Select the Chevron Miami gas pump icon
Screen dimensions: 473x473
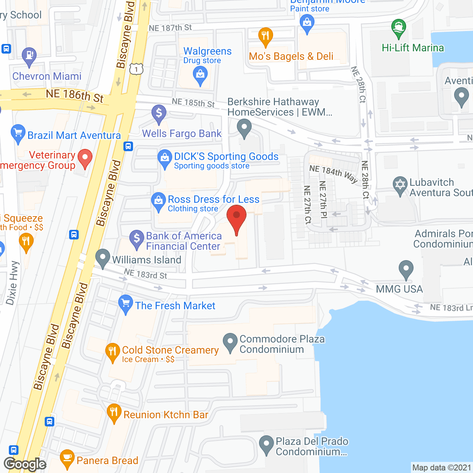[x=29, y=56]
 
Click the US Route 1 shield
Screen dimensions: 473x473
[x=136, y=69]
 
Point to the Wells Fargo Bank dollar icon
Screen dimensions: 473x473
[x=159, y=112]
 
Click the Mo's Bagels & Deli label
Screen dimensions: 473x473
[x=291, y=57]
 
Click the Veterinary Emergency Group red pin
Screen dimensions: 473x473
[x=85, y=158]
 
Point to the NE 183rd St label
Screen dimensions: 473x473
[x=145, y=274]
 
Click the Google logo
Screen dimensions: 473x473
[x=25, y=464]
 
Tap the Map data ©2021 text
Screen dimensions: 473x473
[x=442, y=468]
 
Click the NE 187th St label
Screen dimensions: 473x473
[x=170, y=28]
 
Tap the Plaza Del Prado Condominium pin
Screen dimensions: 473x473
[x=266, y=444]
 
